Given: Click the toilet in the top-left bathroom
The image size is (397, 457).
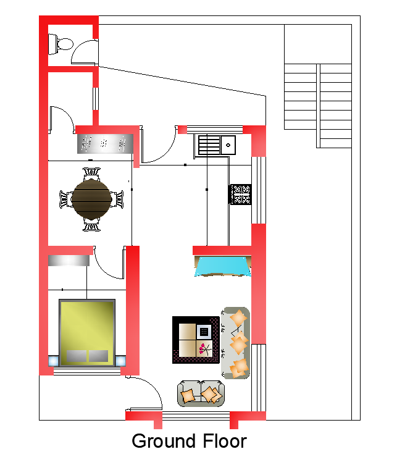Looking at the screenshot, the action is (60, 44).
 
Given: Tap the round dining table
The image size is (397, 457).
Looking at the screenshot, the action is (91, 199).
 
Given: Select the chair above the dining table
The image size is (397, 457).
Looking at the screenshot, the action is (91, 174).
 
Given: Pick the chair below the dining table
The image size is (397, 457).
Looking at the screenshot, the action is (91, 224).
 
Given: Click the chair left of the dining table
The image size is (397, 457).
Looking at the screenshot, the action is (65, 199).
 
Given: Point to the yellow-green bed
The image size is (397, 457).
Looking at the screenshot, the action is (87, 332).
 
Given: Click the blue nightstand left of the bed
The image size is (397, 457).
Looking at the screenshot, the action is (53, 361).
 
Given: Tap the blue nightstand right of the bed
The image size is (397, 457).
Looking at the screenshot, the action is (120, 361).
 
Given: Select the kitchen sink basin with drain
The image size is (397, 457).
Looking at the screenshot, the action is (228, 145).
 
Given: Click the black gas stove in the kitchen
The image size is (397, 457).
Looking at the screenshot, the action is (240, 195).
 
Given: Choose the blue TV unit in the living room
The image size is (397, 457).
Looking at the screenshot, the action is (223, 266).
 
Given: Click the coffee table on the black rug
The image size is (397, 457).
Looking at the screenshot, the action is (195, 340).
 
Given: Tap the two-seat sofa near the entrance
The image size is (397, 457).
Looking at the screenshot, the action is (201, 393).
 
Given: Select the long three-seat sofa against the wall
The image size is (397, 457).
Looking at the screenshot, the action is (235, 343).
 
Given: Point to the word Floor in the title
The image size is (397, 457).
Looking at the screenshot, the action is (225, 441).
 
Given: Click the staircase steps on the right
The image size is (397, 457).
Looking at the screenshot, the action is (318, 106).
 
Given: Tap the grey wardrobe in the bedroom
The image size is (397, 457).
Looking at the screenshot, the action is (69, 260).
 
